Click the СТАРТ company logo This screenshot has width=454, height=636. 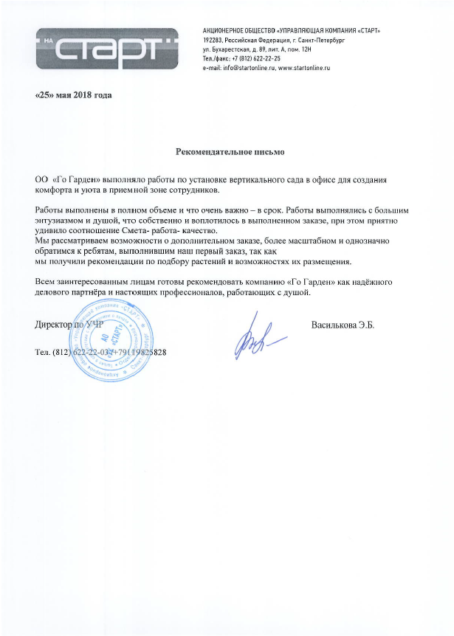point(107,47)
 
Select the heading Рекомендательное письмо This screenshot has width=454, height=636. point(230,152)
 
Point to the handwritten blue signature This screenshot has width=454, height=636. point(255,336)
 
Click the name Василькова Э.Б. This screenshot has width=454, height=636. point(343,325)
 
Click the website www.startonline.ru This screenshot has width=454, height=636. point(303,67)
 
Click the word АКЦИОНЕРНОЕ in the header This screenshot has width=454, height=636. point(226,29)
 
